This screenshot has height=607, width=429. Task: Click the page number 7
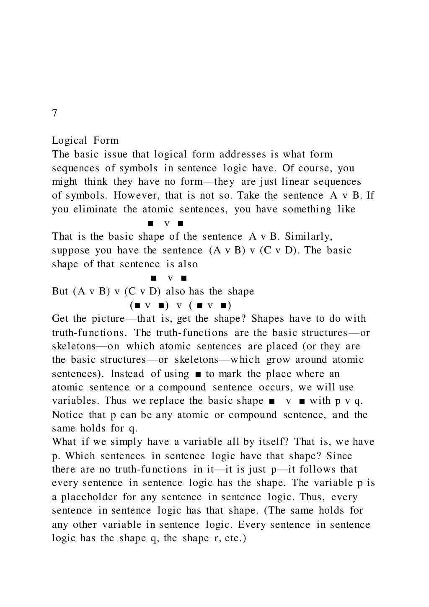54,114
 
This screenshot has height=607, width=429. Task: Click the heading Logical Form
85,140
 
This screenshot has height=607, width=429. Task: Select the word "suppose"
71,251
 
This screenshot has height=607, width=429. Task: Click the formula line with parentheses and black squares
181,305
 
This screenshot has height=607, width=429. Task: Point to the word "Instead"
127,374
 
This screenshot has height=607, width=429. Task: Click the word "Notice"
67,415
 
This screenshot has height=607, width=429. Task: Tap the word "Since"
339,456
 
